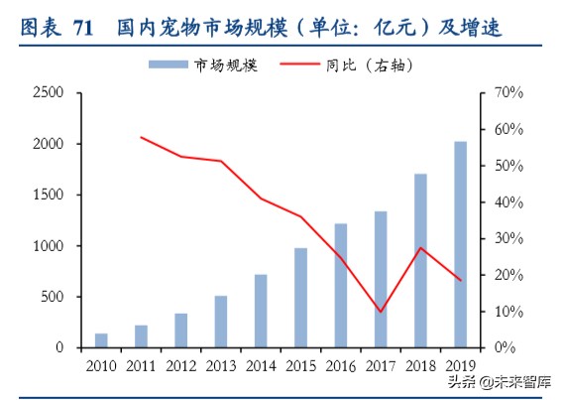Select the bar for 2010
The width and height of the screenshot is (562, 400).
coord(101,340)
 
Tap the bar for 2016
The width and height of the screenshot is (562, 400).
coord(340,286)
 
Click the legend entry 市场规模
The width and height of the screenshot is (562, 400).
coord(202,65)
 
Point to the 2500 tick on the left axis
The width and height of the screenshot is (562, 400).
coord(47,92)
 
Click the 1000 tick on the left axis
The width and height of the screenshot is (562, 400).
coord(47,245)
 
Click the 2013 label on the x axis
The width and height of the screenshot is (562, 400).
coord(220,366)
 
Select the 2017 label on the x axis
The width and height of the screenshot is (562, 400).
coord(380,366)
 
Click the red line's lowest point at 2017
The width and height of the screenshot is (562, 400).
coord(381,312)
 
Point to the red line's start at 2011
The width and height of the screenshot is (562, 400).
coord(141,137)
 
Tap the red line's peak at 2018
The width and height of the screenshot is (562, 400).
coord(420,247)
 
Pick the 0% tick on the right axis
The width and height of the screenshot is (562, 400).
coord(504,347)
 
